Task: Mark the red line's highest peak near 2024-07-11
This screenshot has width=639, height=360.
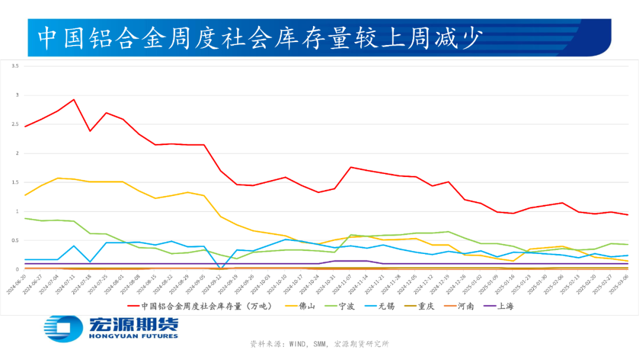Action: click(73, 99)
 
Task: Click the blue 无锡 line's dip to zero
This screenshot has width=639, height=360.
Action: click(221, 268)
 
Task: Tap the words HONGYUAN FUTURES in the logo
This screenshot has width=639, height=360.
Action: click(133, 336)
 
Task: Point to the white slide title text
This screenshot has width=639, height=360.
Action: click(260, 38)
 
